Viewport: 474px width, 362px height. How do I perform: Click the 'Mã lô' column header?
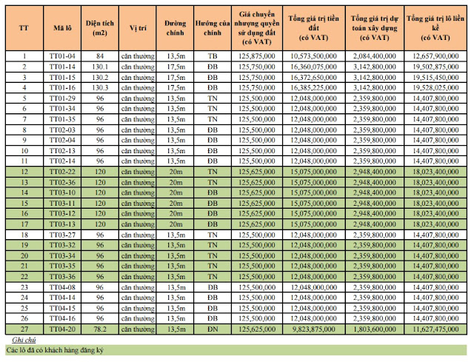[x=62, y=28]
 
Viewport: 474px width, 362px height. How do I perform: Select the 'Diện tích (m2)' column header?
[x=100, y=28]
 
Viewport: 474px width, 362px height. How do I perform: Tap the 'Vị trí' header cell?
[x=138, y=28]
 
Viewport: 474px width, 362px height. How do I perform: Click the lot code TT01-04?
[x=62, y=56]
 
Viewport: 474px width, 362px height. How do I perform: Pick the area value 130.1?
[x=100, y=67]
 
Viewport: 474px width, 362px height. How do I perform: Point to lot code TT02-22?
[x=62, y=172]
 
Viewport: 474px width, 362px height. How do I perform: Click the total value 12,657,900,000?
[x=435, y=56]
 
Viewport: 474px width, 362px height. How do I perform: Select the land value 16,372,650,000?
[x=313, y=77]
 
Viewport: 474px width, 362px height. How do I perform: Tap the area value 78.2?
[x=100, y=329]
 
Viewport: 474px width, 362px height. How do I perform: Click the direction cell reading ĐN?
[x=213, y=329]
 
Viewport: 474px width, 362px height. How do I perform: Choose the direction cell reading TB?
[x=213, y=56]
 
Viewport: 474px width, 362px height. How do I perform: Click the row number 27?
[x=24, y=329]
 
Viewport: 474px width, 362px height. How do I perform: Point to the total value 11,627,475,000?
[x=435, y=329]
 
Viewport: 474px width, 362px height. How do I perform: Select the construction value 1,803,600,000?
[x=375, y=329]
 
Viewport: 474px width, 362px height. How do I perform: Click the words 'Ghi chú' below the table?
[x=24, y=340]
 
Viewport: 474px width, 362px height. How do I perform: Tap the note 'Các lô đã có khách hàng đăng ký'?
[x=55, y=350]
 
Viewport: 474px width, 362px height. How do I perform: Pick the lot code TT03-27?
[x=62, y=235]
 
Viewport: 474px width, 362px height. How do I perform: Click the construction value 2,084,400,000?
[x=375, y=56]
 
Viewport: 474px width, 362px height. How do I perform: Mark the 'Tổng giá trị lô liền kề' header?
[x=435, y=28]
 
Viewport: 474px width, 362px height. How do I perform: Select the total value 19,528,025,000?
[x=435, y=88]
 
